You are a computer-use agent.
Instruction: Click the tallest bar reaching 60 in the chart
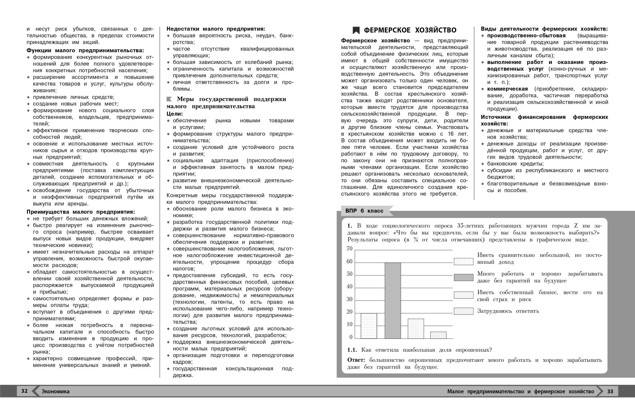click(393, 300)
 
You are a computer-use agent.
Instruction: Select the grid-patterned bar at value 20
click(369, 326)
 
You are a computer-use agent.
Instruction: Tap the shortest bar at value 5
click(438, 335)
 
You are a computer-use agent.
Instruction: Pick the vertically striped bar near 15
click(416, 329)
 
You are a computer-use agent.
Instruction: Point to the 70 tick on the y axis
click(349, 249)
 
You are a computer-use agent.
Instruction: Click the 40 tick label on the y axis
click(349, 287)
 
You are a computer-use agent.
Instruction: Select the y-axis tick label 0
click(351, 337)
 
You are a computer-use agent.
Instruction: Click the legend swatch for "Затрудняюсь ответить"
click(463, 311)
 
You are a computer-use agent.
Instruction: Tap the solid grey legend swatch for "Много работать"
click(463, 277)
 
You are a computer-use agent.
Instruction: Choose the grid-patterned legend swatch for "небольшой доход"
click(463, 261)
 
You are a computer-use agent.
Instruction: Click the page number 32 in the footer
click(24, 391)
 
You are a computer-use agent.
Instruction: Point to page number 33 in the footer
click(610, 391)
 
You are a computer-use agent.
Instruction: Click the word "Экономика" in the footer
click(56, 392)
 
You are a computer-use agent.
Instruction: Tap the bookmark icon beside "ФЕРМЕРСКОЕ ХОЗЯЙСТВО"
click(356, 30)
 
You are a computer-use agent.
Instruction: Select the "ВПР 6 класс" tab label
click(364, 211)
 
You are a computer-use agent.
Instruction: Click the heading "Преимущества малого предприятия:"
click(81, 212)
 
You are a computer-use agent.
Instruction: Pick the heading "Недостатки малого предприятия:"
click(216, 29)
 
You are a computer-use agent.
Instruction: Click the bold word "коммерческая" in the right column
click(507, 89)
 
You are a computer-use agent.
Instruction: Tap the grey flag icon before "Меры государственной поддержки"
click(169, 99)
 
